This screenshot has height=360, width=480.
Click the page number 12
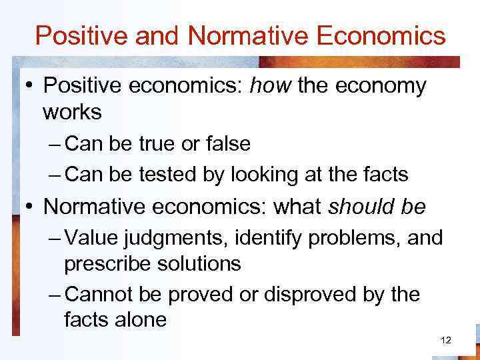click(446, 341)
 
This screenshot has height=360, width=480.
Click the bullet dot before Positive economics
click(31, 87)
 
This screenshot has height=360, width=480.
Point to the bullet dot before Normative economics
click(31, 207)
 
